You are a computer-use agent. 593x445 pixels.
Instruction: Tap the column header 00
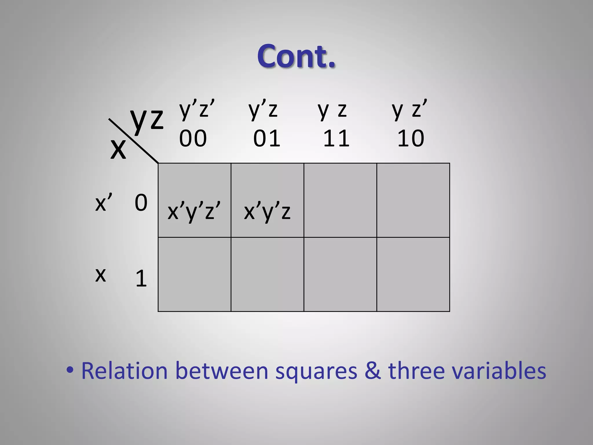point(193,138)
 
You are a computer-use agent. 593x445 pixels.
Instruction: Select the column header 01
point(267,138)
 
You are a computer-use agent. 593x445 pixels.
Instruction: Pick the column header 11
point(336,138)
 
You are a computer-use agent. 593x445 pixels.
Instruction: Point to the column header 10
point(411,138)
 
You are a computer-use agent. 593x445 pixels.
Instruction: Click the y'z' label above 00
point(197,110)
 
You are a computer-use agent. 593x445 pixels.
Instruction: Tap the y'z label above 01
point(263,110)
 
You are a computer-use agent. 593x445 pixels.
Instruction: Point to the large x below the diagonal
point(118,148)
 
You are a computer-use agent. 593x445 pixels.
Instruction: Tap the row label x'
point(103,203)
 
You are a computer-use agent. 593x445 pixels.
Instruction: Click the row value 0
point(141,203)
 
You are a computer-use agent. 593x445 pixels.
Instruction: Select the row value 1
point(141,278)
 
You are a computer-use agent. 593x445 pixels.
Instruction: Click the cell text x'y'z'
point(194,211)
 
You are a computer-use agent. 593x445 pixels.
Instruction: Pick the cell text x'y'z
point(267,211)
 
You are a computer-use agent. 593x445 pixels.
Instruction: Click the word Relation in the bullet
point(125,371)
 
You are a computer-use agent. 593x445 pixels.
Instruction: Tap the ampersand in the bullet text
point(372,371)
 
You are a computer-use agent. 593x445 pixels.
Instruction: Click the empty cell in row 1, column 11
point(340,274)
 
